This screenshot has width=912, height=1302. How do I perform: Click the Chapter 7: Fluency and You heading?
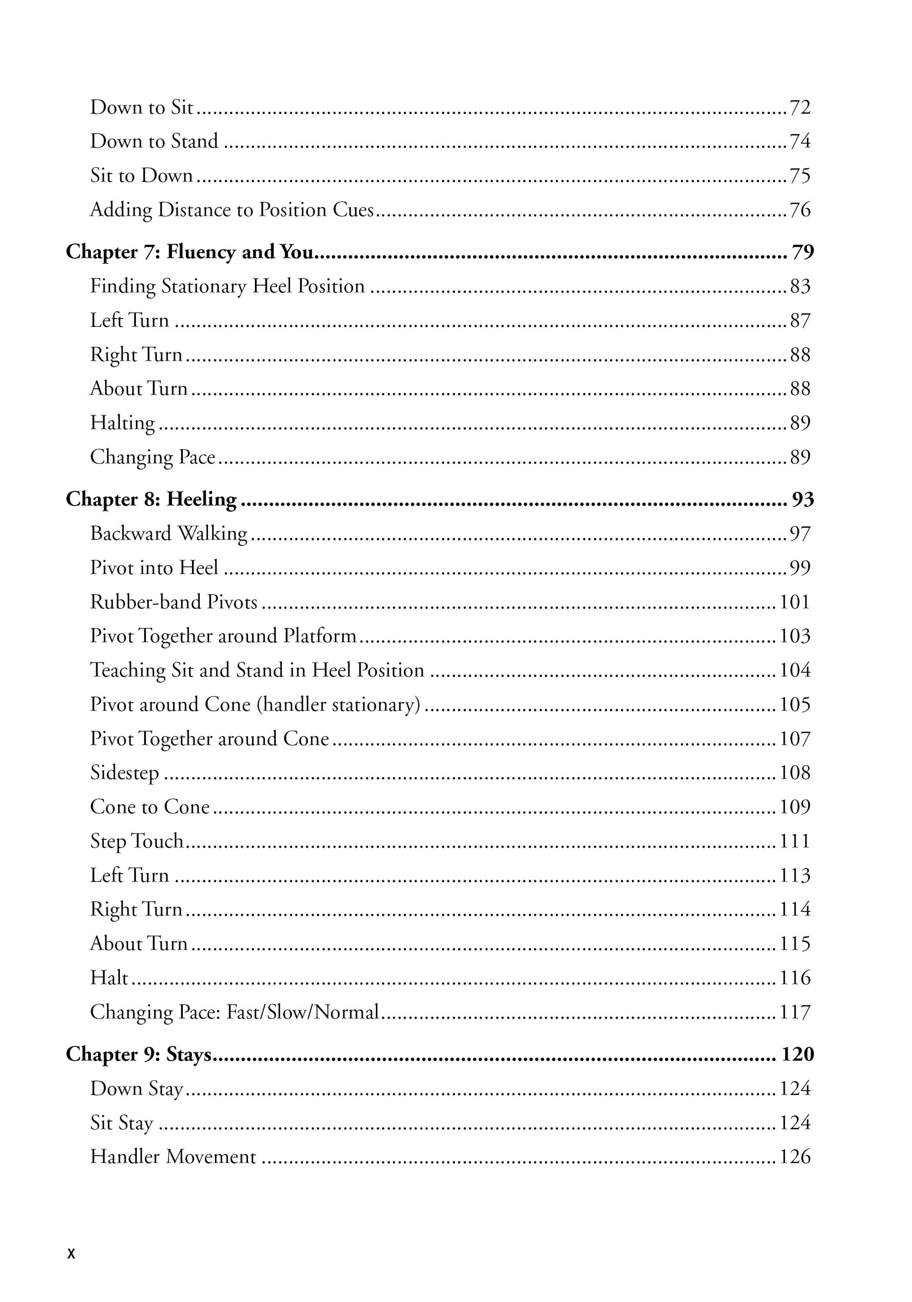(x=190, y=252)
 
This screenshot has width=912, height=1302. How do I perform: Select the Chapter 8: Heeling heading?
(x=151, y=499)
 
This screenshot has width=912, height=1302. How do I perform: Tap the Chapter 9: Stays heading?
(x=139, y=1054)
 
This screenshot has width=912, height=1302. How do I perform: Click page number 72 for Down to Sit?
(x=800, y=107)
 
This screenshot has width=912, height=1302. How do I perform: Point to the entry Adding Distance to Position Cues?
(x=232, y=210)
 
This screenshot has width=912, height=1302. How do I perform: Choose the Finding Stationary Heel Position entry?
(x=227, y=286)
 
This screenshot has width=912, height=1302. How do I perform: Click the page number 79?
(x=803, y=252)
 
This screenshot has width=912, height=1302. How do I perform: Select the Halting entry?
(x=122, y=422)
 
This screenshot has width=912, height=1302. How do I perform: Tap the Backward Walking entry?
(x=169, y=534)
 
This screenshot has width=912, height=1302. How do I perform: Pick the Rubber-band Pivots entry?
(x=174, y=602)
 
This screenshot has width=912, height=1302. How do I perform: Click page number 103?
(x=794, y=636)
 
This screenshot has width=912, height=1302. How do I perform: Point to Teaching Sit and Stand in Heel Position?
(x=257, y=670)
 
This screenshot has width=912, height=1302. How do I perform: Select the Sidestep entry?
(x=124, y=772)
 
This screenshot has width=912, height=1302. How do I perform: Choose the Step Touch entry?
(x=137, y=841)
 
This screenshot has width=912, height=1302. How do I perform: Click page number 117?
(x=794, y=1012)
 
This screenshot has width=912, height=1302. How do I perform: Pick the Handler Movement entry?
(x=173, y=1156)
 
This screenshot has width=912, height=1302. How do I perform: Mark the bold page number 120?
(x=798, y=1054)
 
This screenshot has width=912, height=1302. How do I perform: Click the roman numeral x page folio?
(x=71, y=1253)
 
